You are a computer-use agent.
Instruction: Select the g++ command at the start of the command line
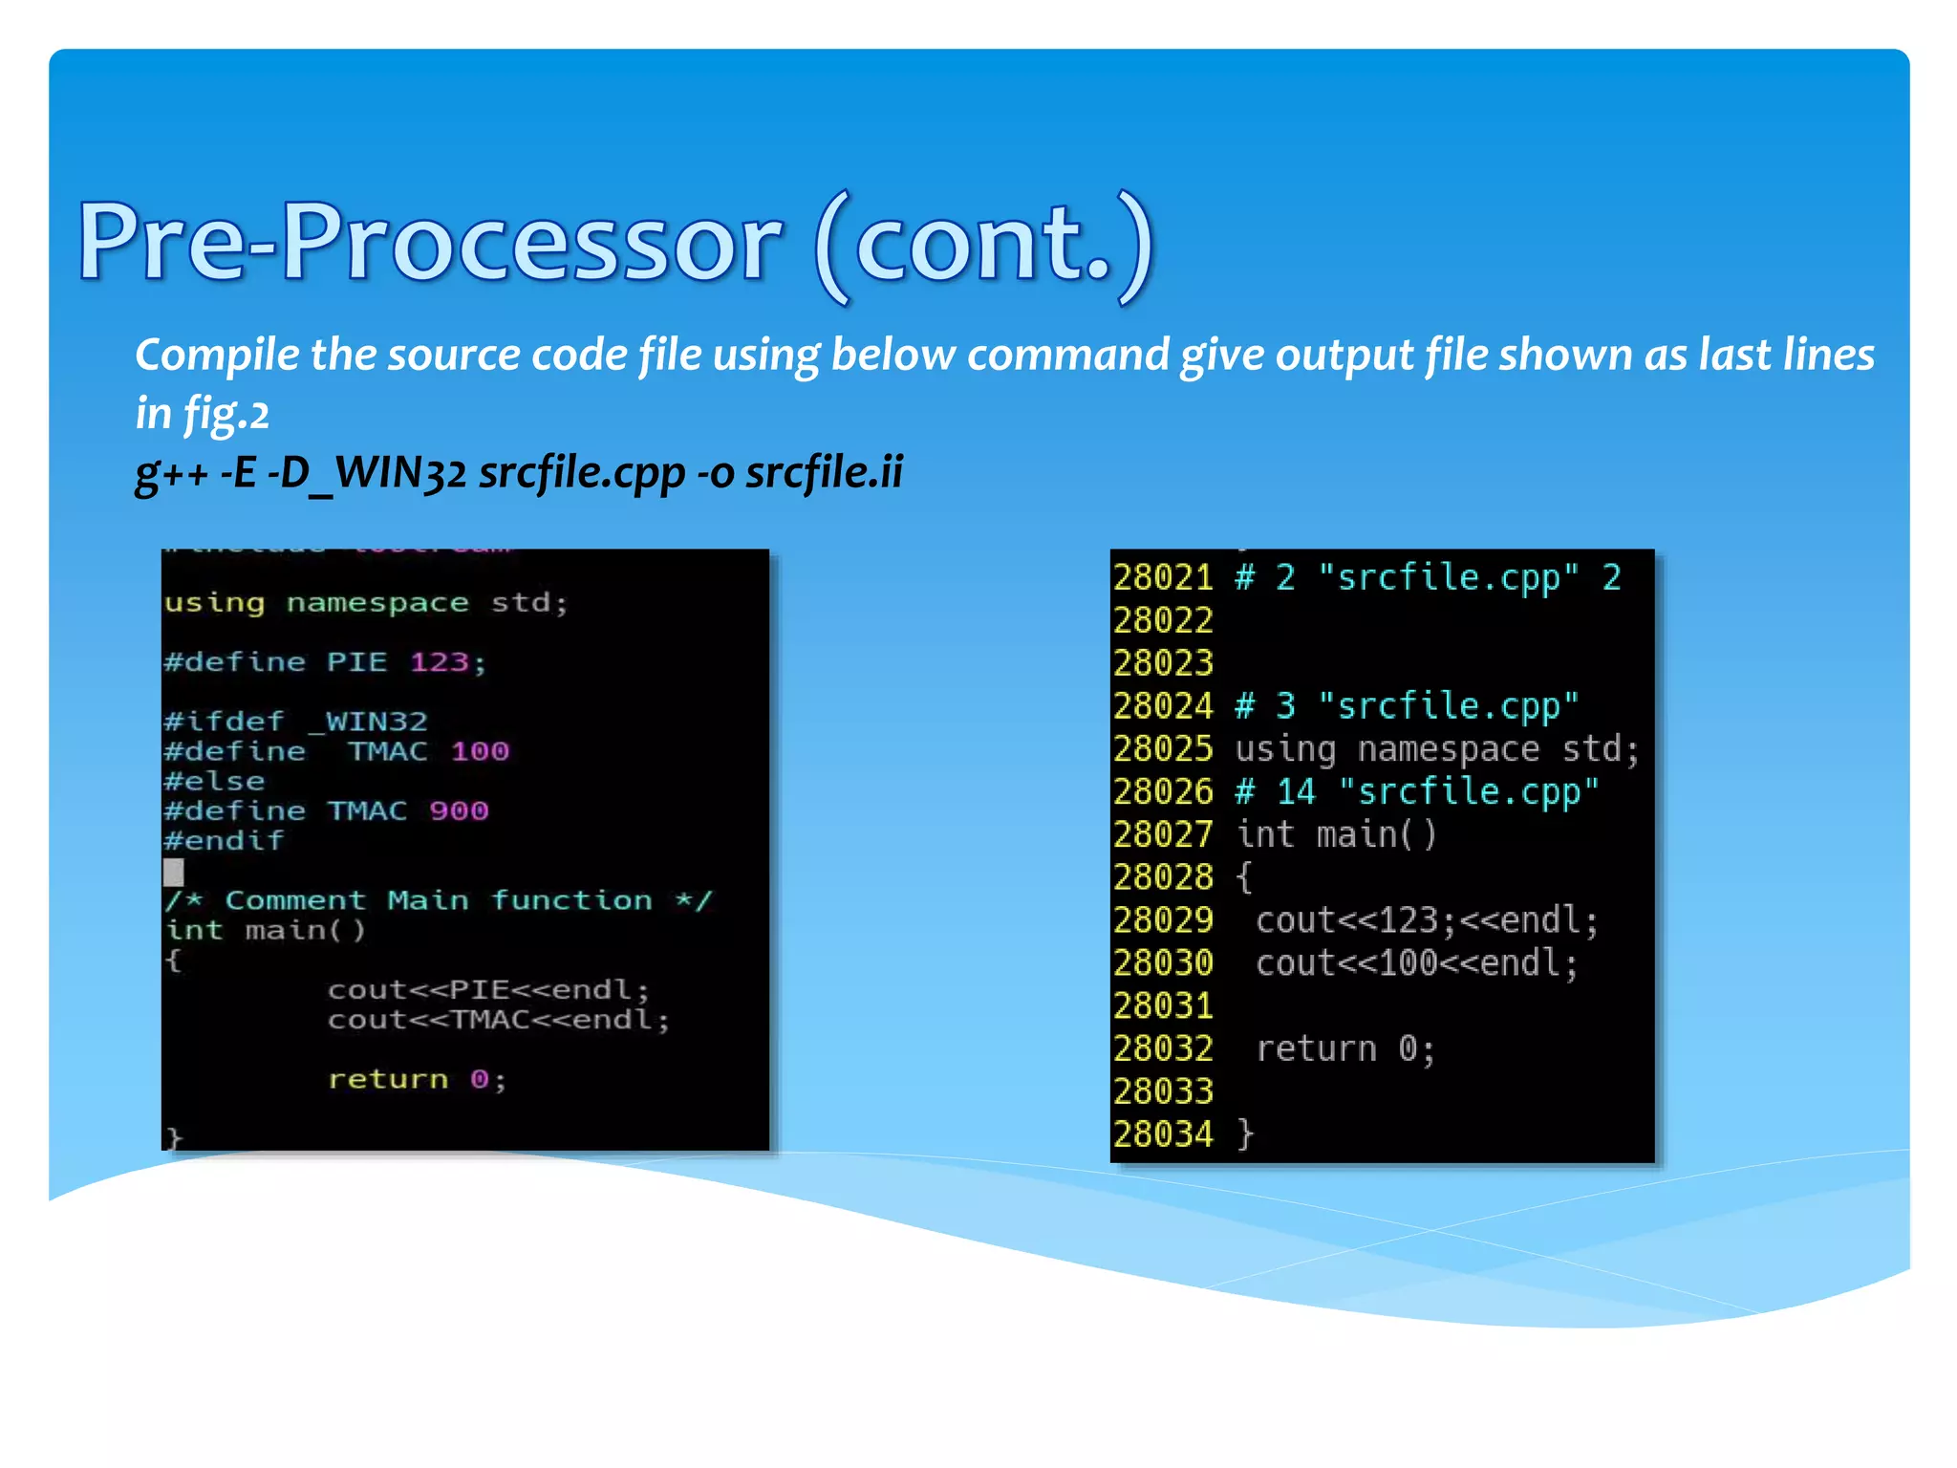171,472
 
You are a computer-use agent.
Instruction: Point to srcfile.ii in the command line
824,472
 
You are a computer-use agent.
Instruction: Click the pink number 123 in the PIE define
439,661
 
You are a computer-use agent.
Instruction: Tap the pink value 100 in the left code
480,751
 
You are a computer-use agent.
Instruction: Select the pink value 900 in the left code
459,810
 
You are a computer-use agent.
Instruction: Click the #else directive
214,781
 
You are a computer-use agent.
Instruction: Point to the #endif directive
224,840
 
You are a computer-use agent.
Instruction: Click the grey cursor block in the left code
173,871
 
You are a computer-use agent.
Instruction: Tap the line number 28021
1163,578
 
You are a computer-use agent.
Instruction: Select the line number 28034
1163,1134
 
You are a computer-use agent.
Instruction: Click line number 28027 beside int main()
1163,834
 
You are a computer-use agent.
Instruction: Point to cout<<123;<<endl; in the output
1426,920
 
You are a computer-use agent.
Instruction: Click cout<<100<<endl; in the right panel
1416,963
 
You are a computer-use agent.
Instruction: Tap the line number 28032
1163,1048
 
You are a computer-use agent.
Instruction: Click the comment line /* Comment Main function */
438,900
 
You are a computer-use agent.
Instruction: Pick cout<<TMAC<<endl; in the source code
498,1020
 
